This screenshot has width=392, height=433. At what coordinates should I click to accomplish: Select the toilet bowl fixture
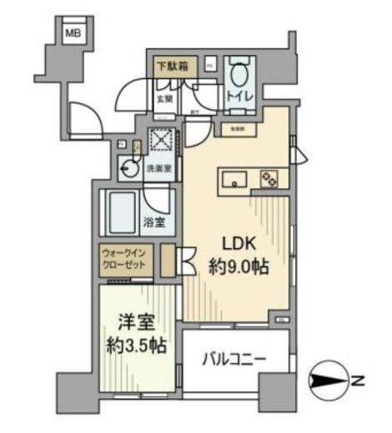coord(241,76)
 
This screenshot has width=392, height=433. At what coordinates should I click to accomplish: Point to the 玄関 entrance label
coord(164,98)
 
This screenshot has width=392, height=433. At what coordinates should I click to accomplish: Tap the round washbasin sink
coord(129,167)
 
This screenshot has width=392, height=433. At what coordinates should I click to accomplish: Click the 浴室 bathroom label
coord(153,222)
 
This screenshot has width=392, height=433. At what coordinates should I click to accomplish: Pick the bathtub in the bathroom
coord(123,213)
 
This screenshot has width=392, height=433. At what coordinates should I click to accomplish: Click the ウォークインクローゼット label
coord(124,258)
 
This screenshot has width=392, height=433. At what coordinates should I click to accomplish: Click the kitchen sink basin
coord(232,178)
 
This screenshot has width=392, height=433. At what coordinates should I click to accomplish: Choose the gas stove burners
coord(269,177)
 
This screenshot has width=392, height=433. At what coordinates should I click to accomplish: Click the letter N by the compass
coord(358,382)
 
